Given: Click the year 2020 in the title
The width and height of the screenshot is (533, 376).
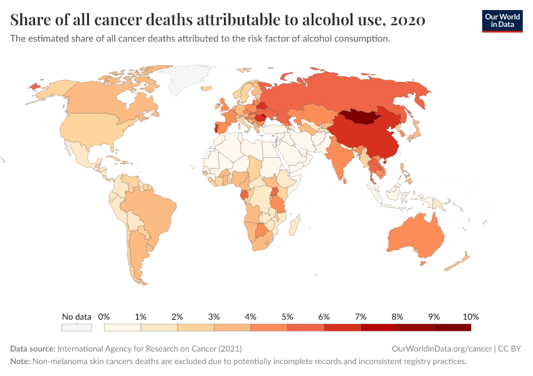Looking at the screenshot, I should click(408, 20).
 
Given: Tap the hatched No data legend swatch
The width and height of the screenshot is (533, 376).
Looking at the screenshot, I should click(77, 327).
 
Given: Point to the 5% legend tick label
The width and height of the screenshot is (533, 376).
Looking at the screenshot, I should click(287, 316).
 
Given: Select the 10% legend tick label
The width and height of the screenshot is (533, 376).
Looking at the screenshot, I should click(470, 316).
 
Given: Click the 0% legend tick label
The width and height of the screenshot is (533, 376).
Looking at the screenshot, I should click(104, 316).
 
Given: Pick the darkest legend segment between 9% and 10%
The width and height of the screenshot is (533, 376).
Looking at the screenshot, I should click(452, 327).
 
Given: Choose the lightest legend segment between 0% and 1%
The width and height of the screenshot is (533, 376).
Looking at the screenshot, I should click(122, 327).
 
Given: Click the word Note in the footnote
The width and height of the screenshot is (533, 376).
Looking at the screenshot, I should click(20, 362).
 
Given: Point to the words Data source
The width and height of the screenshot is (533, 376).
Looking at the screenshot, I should click(33, 348).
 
